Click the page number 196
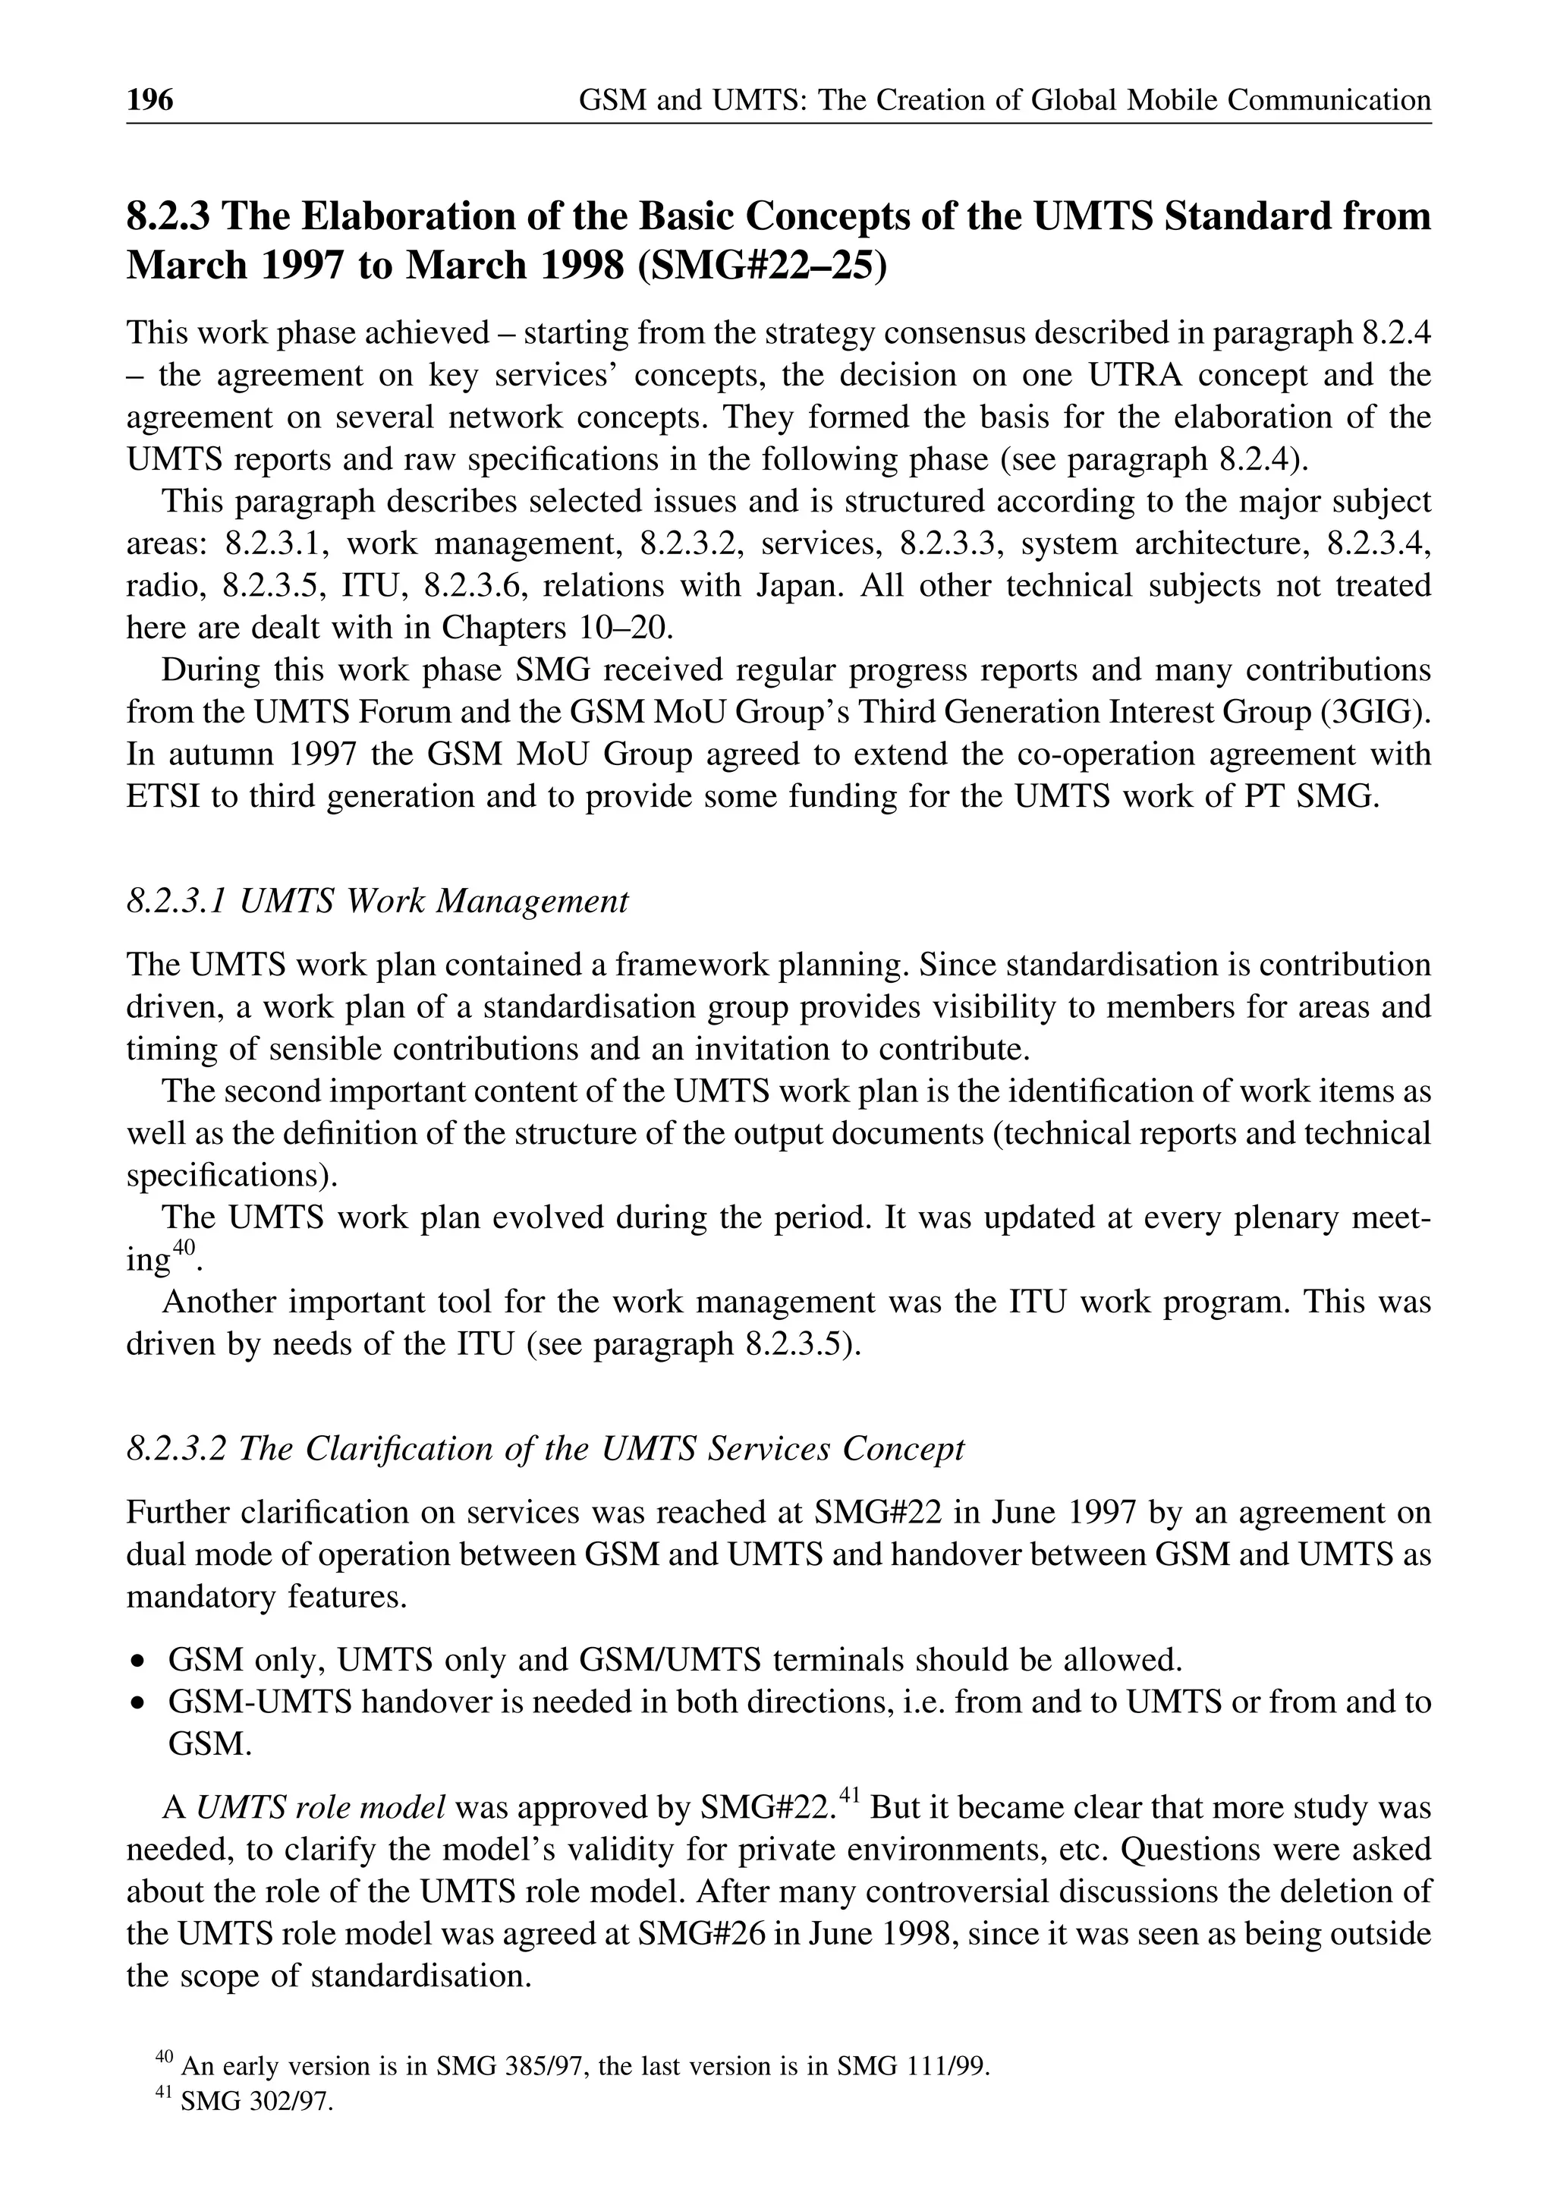[x=150, y=99]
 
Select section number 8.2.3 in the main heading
[x=168, y=217]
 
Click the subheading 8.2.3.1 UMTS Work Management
[x=377, y=901]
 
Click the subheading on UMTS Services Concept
[x=545, y=1448]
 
